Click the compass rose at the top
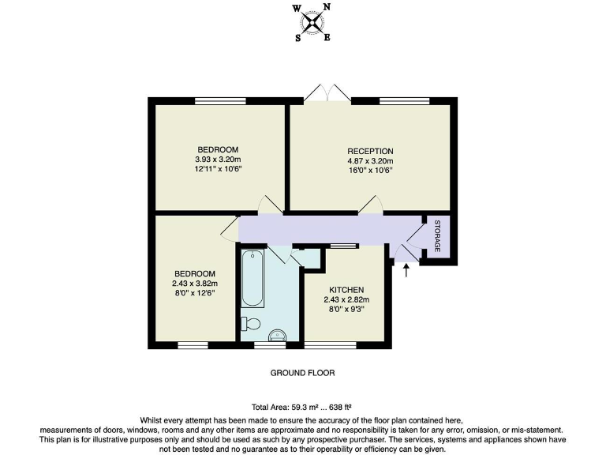313,21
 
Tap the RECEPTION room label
370,151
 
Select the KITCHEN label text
346,290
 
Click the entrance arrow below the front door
406,271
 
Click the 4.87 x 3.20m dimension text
370,160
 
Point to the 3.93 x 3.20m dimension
218,159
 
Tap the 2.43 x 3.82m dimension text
195,284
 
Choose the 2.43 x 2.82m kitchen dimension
346,300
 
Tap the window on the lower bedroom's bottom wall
193,344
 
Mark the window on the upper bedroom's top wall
218,100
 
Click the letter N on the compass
327,7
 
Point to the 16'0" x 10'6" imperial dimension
370,170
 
